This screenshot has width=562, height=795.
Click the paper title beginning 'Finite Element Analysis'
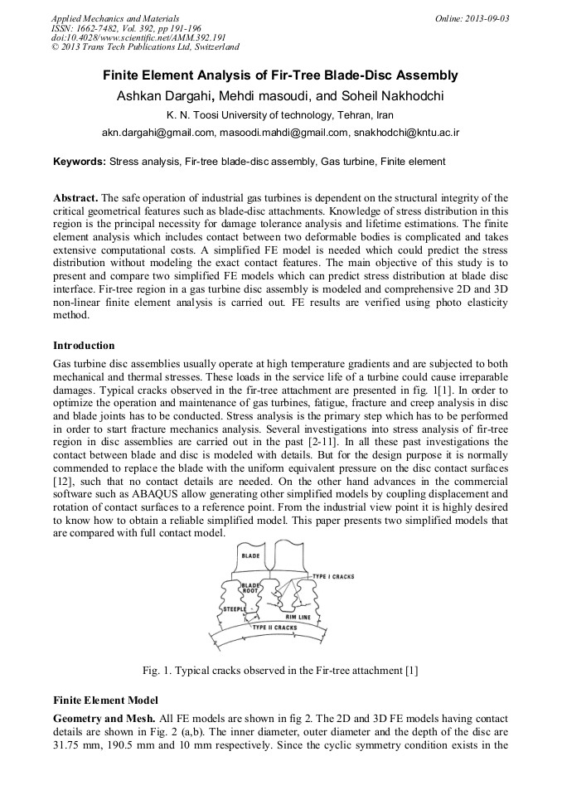[x=280, y=75]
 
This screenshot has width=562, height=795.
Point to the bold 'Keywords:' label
[x=80, y=161]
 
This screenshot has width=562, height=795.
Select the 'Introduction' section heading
[x=84, y=345]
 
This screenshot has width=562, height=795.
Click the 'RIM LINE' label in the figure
[x=299, y=617]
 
